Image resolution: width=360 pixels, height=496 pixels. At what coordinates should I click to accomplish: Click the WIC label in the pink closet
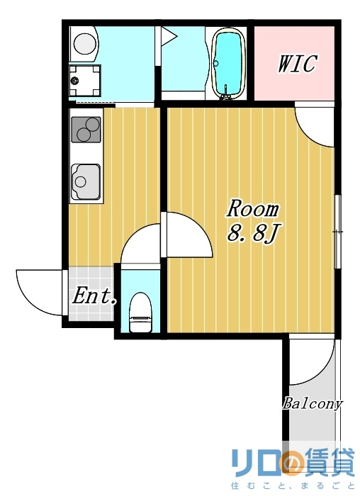pos(296,64)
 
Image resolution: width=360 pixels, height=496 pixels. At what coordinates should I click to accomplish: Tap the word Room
pos(253,210)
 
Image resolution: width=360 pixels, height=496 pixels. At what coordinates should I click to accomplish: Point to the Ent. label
pos(94,296)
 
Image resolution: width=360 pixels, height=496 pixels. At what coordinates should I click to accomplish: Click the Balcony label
pos(313,404)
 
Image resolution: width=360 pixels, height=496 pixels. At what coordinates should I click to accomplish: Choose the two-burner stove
pos(86,130)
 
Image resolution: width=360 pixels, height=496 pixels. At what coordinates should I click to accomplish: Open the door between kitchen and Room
pos(188,235)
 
